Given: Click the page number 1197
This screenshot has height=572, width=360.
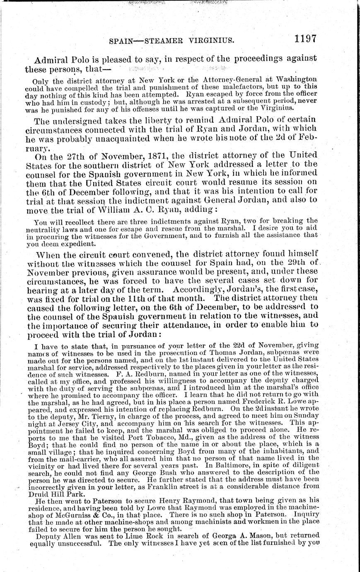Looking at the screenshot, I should click(x=306, y=39).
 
